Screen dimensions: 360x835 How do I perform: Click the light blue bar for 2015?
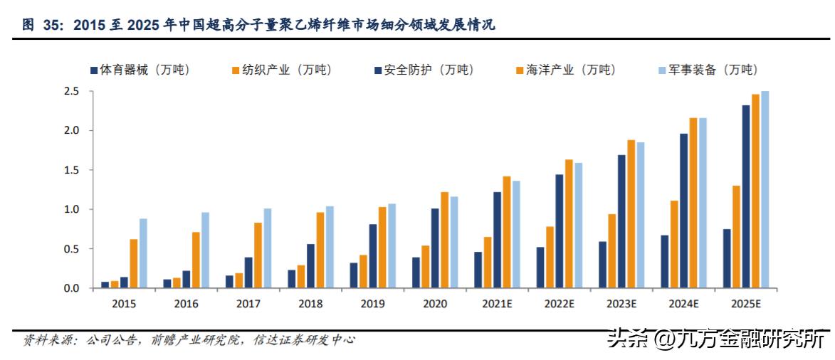[143, 253]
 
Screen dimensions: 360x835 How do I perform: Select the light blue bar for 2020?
[454, 242]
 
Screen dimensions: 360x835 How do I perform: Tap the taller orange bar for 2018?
[320, 250]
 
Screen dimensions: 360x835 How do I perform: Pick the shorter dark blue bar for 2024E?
[664, 261]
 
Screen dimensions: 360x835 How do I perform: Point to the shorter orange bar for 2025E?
[736, 237]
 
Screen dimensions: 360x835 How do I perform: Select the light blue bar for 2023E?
[641, 215]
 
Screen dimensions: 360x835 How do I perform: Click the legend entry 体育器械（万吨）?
[140, 70]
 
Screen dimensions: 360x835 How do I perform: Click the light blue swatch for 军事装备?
[661, 70]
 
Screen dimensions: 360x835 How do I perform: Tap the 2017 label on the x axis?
[248, 304]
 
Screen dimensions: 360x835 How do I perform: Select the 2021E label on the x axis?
[497, 304]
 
